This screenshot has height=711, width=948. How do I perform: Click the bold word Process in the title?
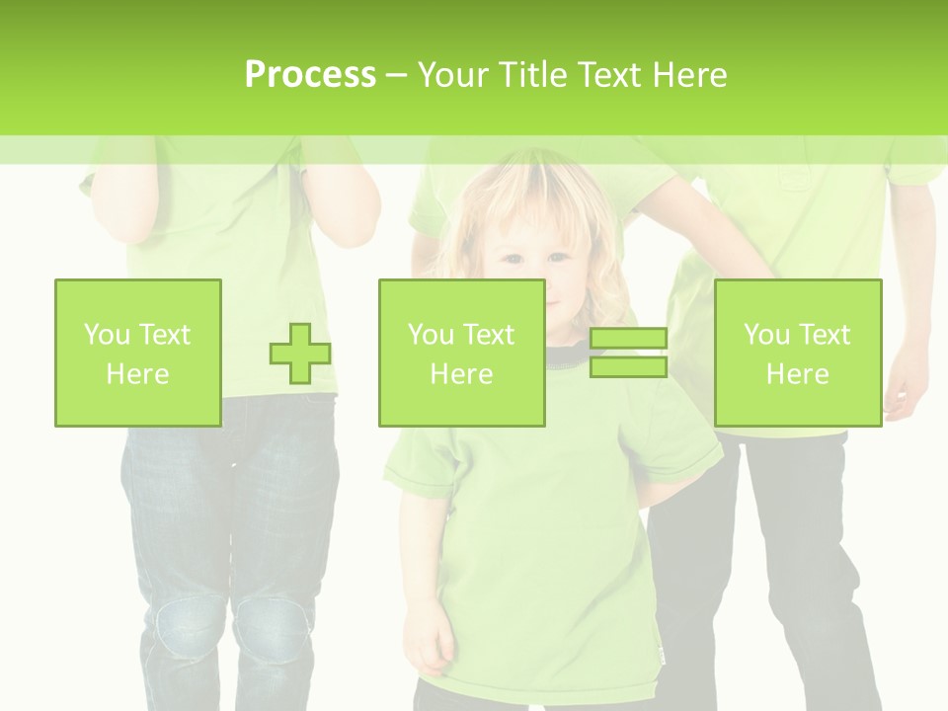[x=310, y=74]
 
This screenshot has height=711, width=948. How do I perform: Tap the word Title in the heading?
[x=530, y=74]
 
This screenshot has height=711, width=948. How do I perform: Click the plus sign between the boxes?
[x=300, y=354]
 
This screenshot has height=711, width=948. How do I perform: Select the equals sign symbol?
[x=628, y=353]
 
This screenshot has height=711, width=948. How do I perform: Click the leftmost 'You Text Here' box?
[x=137, y=353]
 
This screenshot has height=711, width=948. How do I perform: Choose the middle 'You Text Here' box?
[x=461, y=353]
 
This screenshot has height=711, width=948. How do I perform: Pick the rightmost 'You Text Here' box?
[x=797, y=353]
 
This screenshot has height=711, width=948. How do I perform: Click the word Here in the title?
[x=689, y=74]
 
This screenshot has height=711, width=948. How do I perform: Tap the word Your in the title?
[x=452, y=74]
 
